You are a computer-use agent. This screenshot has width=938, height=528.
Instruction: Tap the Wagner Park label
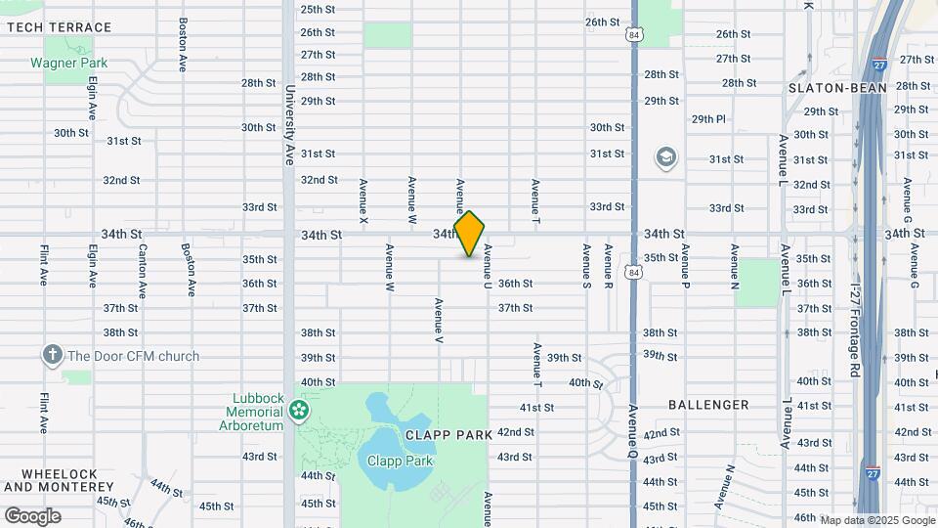coord(68,63)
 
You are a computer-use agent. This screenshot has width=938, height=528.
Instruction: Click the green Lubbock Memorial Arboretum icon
coord(300,409)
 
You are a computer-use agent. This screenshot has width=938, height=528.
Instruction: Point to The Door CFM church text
coord(133,356)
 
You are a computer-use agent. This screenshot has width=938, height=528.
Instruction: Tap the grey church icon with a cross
coord(52,356)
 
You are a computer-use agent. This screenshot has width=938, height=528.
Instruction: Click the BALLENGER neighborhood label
coord(708,404)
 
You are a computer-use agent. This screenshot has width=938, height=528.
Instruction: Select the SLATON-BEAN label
coord(837,88)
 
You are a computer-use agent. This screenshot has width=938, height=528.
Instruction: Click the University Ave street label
coord(290,124)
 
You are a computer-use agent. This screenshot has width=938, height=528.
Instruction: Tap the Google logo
coord(32,515)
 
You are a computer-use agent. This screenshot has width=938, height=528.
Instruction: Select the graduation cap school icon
coord(666,157)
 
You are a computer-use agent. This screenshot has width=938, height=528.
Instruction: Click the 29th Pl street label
coord(709,119)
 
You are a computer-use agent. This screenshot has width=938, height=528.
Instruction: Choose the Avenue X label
coord(363,202)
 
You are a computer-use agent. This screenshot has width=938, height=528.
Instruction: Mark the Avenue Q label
coord(633,431)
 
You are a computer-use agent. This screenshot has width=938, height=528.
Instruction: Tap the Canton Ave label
coord(143,270)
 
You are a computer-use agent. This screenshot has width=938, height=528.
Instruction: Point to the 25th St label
coord(318,9)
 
